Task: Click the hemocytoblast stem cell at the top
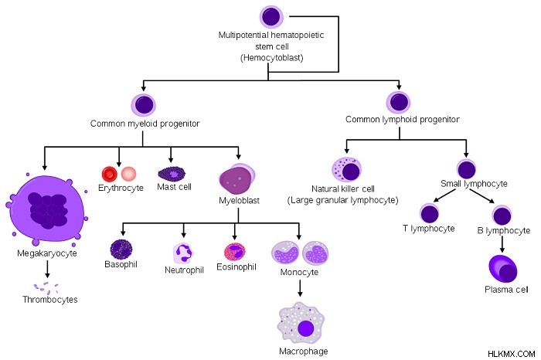271,16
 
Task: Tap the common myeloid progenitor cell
144,104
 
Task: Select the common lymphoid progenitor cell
399,102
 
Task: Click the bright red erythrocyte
110,174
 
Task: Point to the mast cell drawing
172,174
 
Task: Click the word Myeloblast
239,200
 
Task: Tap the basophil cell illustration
121,249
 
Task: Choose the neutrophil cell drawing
182,253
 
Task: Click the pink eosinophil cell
235,252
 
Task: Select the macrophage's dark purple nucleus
305,328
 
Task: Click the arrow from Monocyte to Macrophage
300,288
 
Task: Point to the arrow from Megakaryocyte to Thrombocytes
47,269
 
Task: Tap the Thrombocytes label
50,299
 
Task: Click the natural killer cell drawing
346,169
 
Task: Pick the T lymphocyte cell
429,214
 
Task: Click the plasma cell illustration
503,270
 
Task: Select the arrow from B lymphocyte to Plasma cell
502,244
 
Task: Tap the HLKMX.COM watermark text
512,354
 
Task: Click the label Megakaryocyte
47,253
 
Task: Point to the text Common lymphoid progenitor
403,120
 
